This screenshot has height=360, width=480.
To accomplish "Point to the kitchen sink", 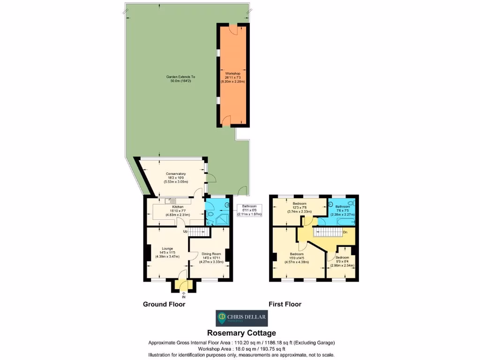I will pos(166,201).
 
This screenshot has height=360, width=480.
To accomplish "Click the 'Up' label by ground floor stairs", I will pos(185,232).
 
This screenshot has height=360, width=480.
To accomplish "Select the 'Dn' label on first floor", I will pos(345,232).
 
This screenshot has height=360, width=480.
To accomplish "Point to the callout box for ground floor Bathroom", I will pos(249,210).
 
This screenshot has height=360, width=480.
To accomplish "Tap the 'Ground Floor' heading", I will pos(164,304).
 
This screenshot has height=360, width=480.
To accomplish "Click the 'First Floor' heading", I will pos(285,304).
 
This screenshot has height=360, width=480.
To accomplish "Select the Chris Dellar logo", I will pos(241,318).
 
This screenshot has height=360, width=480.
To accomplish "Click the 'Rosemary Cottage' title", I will pos(241,334).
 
